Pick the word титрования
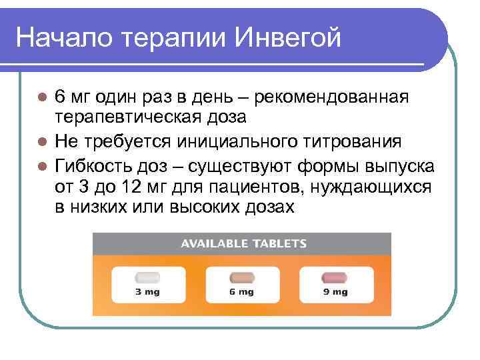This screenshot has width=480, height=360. (x=356, y=142)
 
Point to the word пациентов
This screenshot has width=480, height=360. (x=255, y=187)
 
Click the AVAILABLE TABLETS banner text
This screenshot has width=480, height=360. (x=243, y=243)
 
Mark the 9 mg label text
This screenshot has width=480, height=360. (x=335, y=291)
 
